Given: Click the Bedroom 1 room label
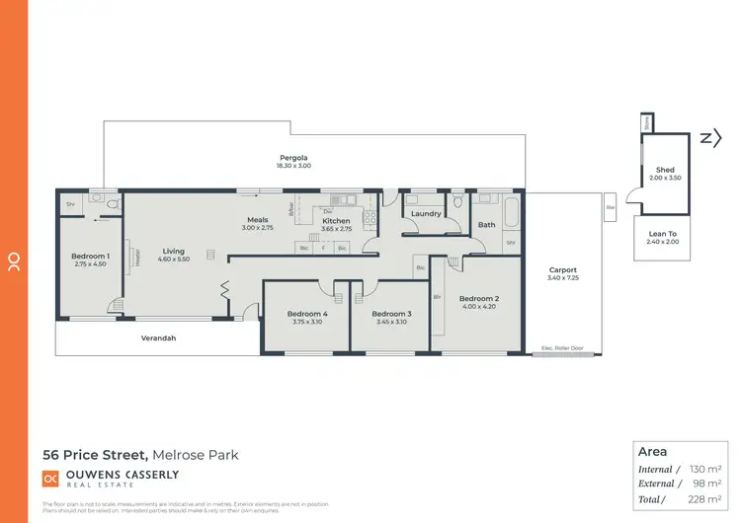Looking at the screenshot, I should tap(90, 257).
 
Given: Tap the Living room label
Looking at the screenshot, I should tap(174, 252).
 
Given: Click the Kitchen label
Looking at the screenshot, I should tap(336, 221).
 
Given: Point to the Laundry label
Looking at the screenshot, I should tap(426, 213).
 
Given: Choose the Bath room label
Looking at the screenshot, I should tap(487, 225).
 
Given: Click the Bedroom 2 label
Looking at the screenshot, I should tap(478, 299).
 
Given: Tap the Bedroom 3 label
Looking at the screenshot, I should tap(392, 314).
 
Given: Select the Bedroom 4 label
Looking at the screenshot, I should tap(309, 314).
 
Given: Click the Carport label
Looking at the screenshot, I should tap(562, 270).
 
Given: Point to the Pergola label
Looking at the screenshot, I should tap(292, 158).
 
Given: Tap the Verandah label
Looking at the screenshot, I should tap(158, 338).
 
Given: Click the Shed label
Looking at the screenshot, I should tap(665, 170).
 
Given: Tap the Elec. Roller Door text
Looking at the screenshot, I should tap(562, 348).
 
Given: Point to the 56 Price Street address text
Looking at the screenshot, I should tap(95, 455).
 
